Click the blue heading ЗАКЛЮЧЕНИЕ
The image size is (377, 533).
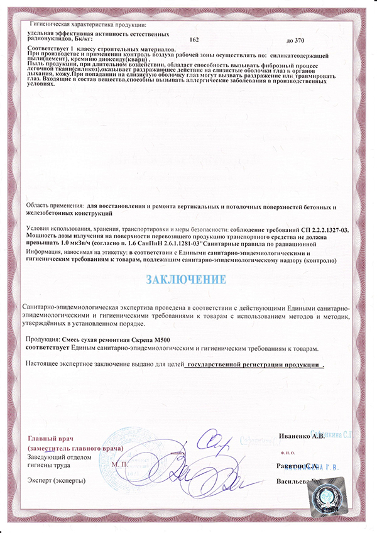[186, 278]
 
